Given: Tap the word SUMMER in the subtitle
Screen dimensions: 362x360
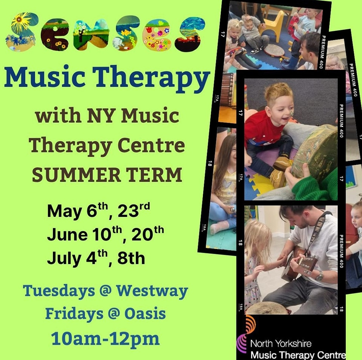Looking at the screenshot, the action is coord(76,175).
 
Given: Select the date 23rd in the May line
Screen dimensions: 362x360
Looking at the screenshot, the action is coord(133,210).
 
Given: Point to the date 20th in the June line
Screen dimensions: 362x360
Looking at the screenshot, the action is coord(148,233).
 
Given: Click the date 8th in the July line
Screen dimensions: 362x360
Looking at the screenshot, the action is coord(131,258).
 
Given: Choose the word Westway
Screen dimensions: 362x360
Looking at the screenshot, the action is coord(152,291).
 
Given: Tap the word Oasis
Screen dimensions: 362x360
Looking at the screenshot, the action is coord(145,314).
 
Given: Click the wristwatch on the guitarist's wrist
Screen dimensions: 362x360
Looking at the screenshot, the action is coord(319,276).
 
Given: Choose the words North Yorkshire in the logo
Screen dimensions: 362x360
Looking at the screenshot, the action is coord(281,344).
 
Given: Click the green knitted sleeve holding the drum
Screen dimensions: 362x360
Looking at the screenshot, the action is coord(314,186).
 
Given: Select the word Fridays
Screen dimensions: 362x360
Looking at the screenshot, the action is coord(74,314).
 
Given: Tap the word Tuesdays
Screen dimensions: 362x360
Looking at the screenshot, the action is coord(59,291).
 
